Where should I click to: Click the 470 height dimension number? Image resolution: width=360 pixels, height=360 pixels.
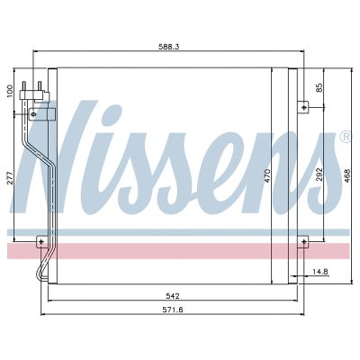tap(267, 177)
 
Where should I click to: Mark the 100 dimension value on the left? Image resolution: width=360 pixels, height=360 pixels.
tap(10, 92)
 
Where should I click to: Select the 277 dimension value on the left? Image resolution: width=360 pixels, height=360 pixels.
tap(10, 177)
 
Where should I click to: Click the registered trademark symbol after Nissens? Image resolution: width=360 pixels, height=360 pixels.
tap(346, 137)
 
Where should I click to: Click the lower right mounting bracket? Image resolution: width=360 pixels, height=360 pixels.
tap(303, 240)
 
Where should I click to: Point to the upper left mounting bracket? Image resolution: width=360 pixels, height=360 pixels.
tap(38, 113)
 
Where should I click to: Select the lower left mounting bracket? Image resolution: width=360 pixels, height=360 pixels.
tap(40, 240)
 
